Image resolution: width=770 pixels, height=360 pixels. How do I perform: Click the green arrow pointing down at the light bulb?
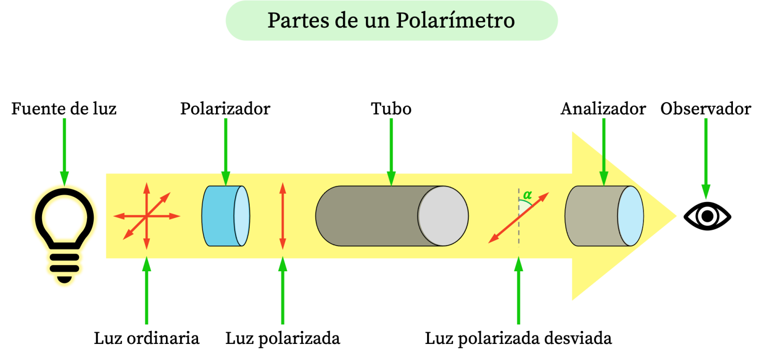64,150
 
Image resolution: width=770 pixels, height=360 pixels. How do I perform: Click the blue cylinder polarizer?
221,216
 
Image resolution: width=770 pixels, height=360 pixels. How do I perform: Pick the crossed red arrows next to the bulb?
146,216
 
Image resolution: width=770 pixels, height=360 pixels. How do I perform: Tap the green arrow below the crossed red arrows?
146,291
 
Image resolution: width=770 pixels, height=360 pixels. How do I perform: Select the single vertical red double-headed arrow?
283,216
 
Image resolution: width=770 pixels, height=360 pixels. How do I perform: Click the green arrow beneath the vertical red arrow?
283,291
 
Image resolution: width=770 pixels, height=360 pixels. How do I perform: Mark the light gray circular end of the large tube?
443,216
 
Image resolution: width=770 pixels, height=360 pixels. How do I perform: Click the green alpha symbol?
527,195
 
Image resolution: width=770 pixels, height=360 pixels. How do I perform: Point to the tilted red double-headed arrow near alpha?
518,218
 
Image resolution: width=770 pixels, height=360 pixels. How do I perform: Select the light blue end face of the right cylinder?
630,216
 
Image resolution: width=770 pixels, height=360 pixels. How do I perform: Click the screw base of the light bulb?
64,266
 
